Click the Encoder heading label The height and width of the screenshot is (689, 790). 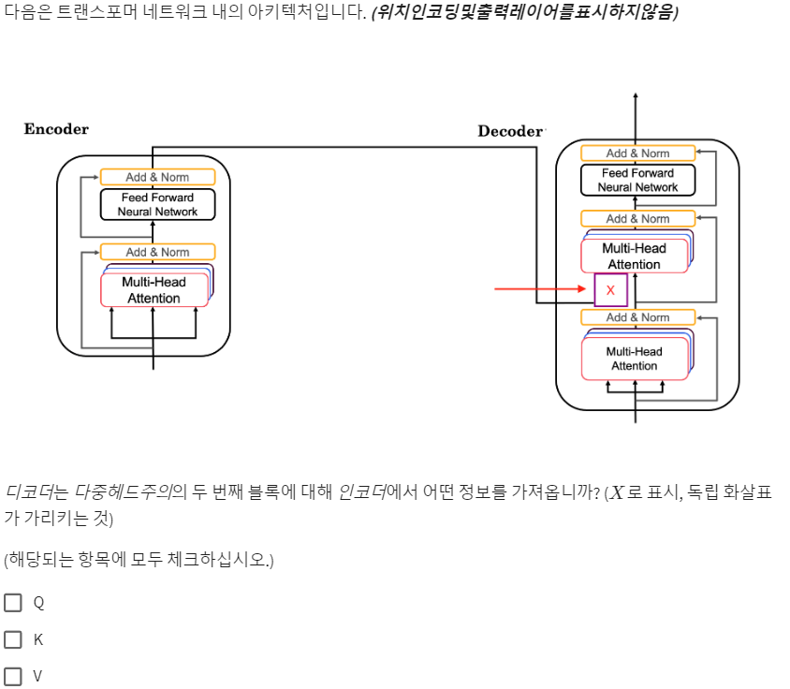point(56,129)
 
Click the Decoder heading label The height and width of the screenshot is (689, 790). point(510,131)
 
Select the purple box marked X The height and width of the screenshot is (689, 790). point(610,290)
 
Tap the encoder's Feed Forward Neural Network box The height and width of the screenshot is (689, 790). point(157,204)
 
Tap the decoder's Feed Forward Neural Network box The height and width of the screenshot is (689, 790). point(637,180)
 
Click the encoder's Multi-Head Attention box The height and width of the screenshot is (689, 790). point(154,290)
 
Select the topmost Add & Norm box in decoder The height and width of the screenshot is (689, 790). point(637,154)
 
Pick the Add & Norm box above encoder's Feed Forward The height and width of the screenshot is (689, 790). point(157,177)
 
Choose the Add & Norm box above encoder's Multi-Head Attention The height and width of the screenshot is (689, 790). point(157,252)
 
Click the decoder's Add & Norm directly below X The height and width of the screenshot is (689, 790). point(637,317)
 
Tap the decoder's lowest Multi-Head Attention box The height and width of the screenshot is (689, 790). point(634,359)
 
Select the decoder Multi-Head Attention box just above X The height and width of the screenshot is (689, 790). point(634,256)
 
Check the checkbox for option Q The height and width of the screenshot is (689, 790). point(13,603)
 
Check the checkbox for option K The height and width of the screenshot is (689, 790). point(13,639)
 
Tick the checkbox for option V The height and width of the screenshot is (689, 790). point(13,676)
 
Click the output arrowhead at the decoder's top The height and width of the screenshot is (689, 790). point(636,97)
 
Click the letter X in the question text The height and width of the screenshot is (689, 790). point(616,492)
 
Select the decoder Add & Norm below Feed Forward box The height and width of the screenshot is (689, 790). point(637,219)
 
